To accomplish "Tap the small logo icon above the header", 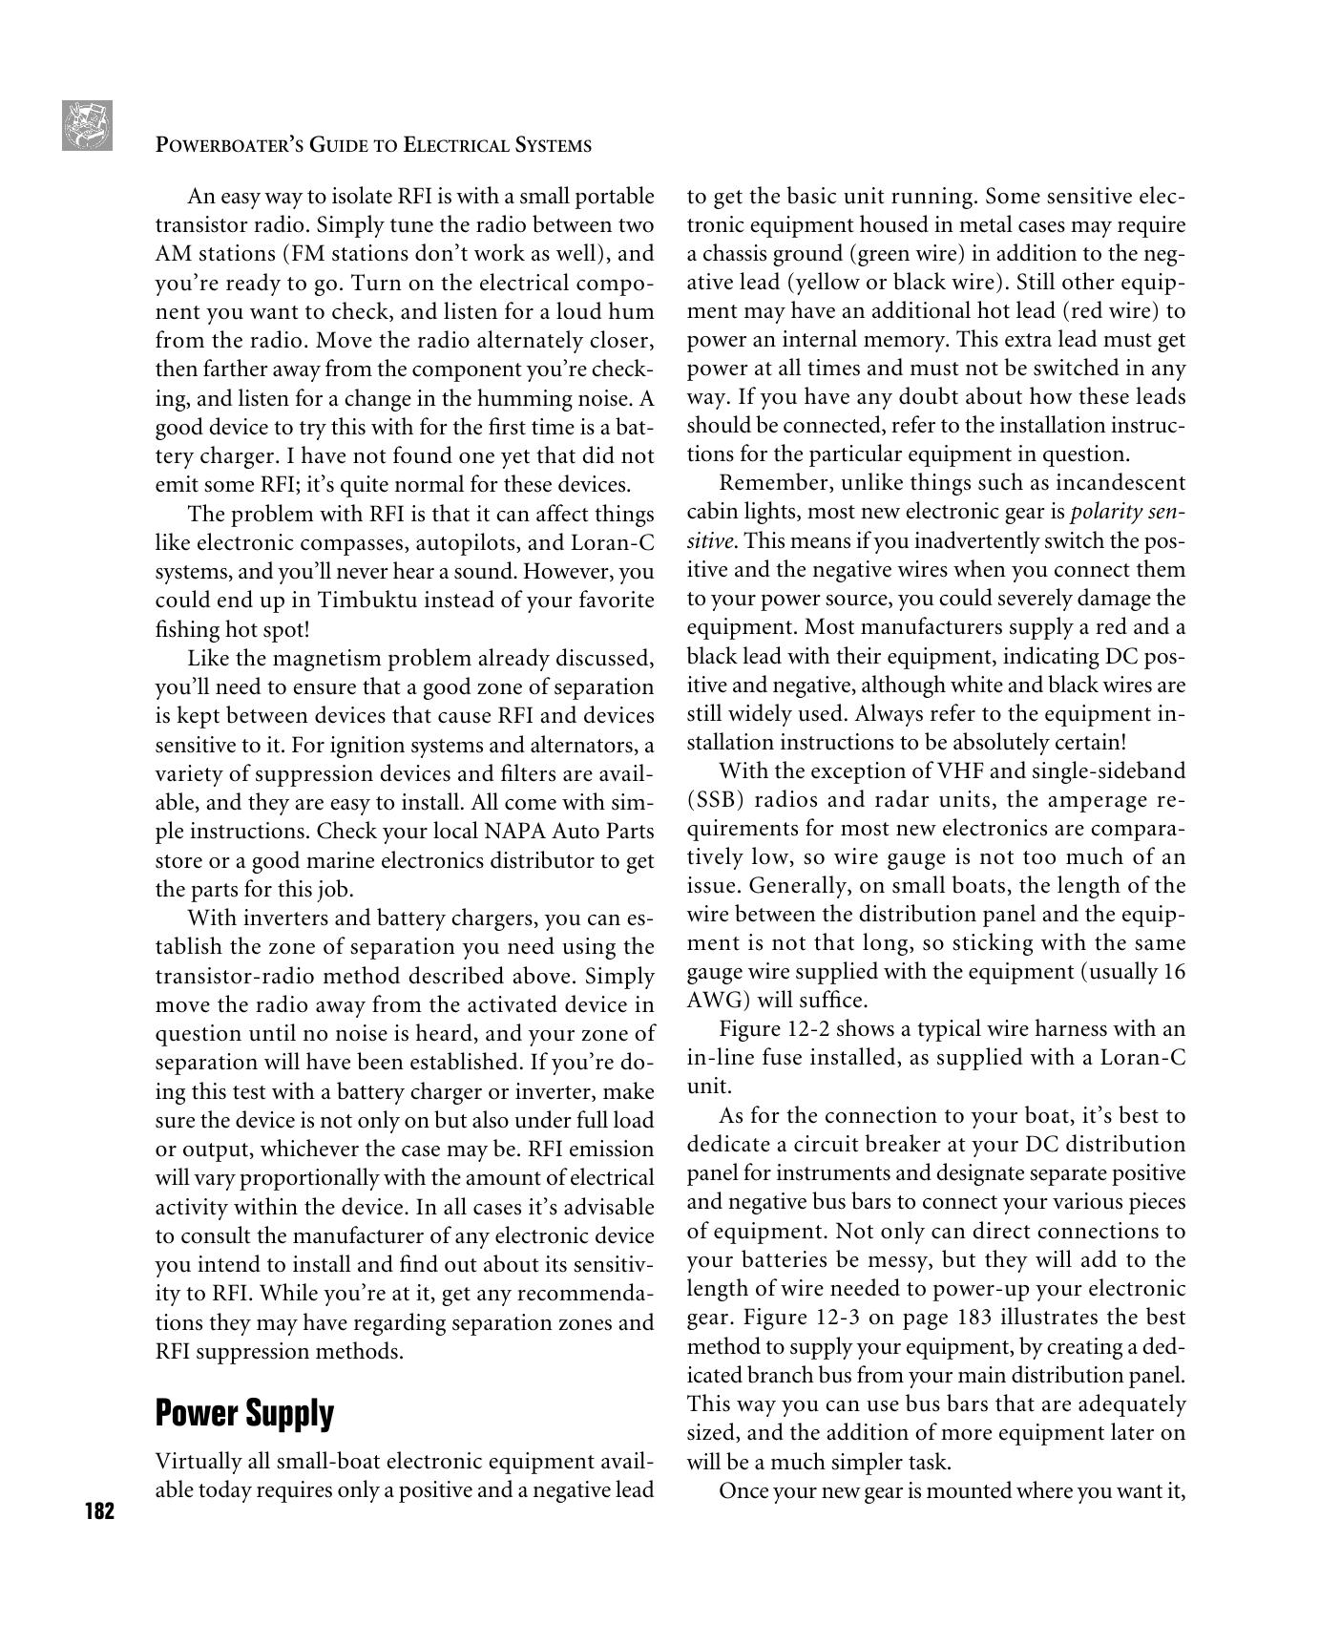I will pos(87,125).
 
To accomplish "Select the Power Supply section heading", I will pos(244,1413).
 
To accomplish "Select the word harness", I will pos(1047,1029).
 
